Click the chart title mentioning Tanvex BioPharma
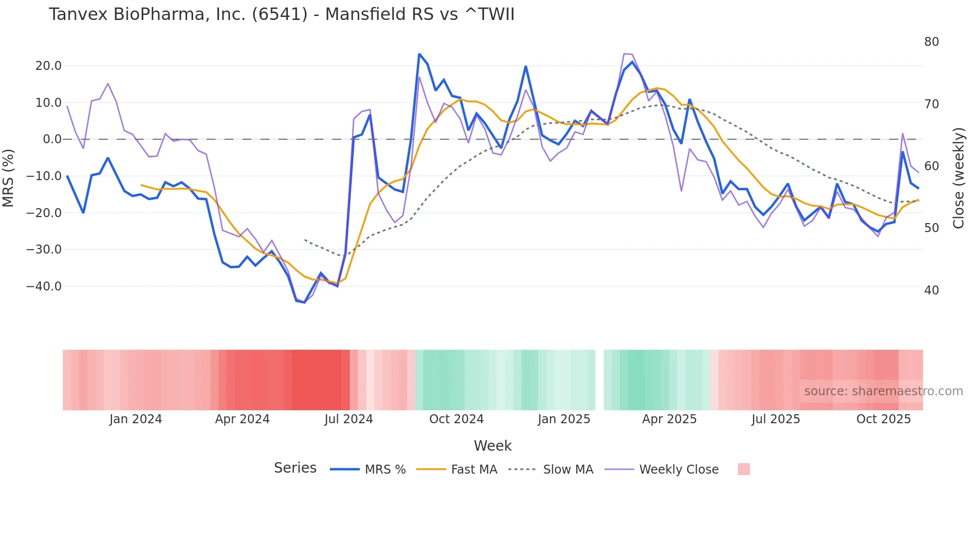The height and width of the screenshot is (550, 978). point(281,14)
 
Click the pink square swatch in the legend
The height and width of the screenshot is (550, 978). point(743,469)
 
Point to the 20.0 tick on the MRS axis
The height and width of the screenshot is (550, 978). point(48,66)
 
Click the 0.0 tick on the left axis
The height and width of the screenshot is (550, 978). point(52,139)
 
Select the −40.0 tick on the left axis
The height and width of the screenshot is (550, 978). point(44,286)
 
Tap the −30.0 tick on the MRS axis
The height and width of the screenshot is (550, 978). point(44,250)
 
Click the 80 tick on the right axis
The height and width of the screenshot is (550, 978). point(932,42)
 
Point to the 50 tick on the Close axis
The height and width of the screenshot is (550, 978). point(932,228)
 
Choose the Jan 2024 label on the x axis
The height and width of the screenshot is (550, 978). point(136,419)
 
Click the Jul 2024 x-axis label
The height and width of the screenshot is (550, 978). point(349,419)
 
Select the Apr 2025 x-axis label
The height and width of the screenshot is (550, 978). point(669,419)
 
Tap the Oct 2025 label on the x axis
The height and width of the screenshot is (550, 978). point(883,419)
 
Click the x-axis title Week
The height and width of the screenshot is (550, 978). point(492,446)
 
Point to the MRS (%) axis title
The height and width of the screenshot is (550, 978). point(8,178)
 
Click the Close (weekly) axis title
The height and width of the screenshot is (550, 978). point(959,178)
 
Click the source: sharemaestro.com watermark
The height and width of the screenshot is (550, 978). point(883,391)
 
